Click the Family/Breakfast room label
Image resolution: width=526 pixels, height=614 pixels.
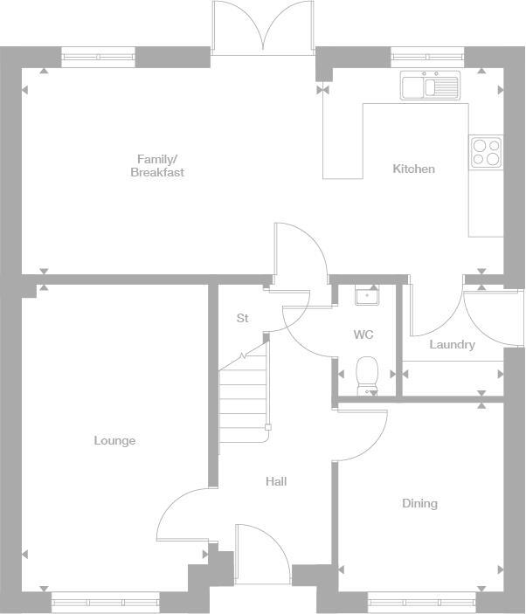tap(157, 165)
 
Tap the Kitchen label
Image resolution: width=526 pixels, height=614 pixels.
tap(413, 169)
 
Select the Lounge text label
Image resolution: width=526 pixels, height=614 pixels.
tap(114, 440)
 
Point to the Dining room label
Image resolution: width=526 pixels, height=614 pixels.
tap(419, 503)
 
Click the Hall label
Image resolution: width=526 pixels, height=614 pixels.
tap(276, 481)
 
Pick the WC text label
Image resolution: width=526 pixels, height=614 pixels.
tap(363, 335)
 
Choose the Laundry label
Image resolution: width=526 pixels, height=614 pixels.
tap(452, 345)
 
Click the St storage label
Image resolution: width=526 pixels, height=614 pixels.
tap(242, 318)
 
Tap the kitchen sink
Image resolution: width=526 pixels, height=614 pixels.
tap(429, 86)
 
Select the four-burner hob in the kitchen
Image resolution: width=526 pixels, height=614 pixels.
tap(486, 152)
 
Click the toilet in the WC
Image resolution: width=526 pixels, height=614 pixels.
tap(367, 373)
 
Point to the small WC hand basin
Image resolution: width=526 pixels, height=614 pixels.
tap(366, 296)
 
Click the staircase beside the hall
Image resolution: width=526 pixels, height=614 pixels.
tap(243, 393)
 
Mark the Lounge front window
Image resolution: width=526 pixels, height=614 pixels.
tap(105, 601)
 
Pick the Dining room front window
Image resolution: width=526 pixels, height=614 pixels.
tap(420, 601)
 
